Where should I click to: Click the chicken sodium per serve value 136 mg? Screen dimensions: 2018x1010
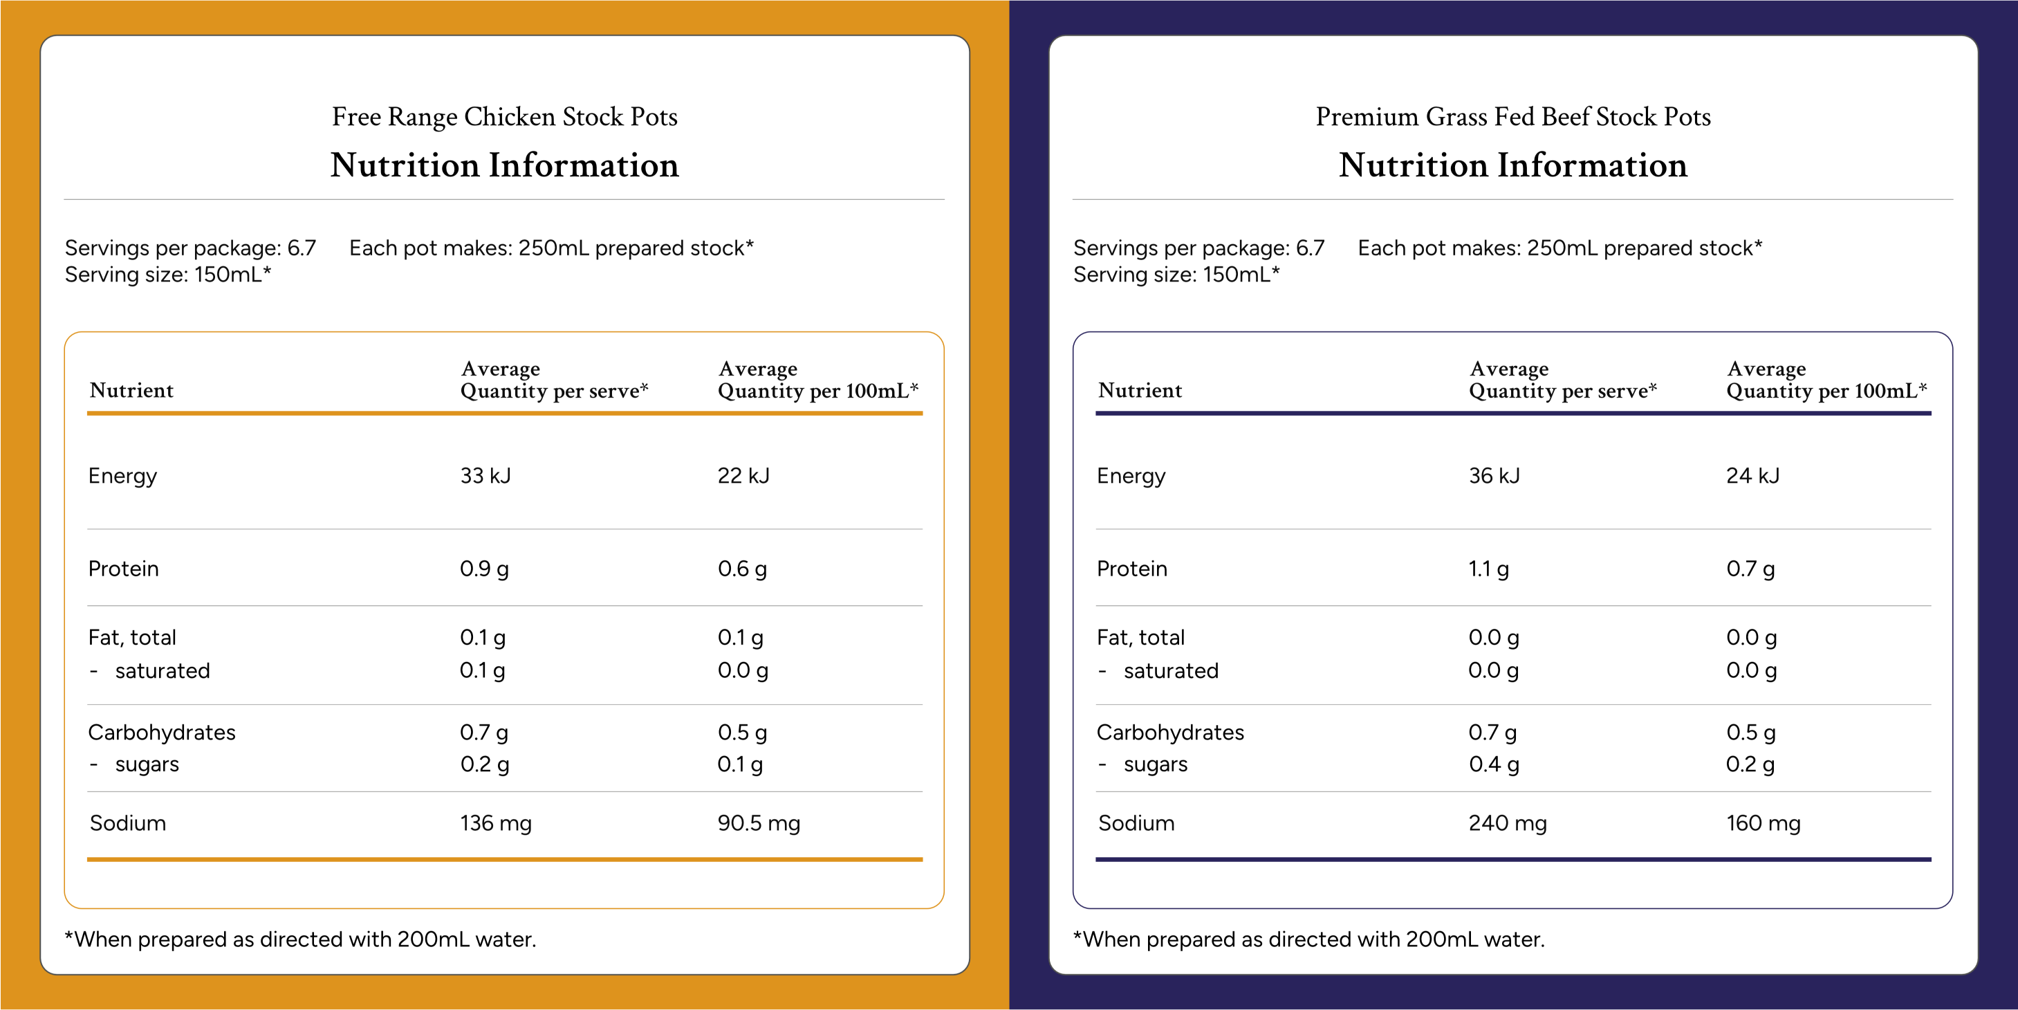(x=496, y=823)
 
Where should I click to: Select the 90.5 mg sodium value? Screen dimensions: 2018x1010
(x=759, y=823)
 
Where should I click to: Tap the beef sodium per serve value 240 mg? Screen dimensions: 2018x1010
(x=1507, y=823)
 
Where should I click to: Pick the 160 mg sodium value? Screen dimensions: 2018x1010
(x=1764, y=823)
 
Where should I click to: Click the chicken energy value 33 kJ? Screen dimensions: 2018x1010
(x=485, y=476)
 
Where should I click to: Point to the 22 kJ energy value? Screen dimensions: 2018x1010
(x=743, y=476)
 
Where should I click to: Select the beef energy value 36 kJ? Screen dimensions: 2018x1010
(x=1494, y=476)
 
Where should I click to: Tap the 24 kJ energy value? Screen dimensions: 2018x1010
(x=1752, y=476)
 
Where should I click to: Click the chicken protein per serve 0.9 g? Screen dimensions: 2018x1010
(x=484, y=569)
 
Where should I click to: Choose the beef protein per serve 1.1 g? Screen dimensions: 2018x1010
(x=1488, y=569)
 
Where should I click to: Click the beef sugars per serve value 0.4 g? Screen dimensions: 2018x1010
(x=1494, y=764)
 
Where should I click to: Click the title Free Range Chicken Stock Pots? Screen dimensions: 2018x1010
(x=505, y=117)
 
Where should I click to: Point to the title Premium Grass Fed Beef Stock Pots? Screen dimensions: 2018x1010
(x=1512, y=117)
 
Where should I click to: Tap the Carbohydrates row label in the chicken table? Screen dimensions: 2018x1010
(x=161, y=732)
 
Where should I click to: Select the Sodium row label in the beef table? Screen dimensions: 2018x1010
(x=1136, y=823)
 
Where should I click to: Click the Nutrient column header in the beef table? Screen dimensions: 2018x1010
(x=1140, y=390)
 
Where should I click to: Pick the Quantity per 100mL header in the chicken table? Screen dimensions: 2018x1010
(x=818, y=391)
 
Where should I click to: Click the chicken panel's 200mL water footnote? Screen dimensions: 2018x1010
(x=300, y=939)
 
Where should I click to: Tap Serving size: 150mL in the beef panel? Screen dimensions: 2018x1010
(x=1176, y=274)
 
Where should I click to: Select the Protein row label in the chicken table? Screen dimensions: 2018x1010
(x=123, y=569)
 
